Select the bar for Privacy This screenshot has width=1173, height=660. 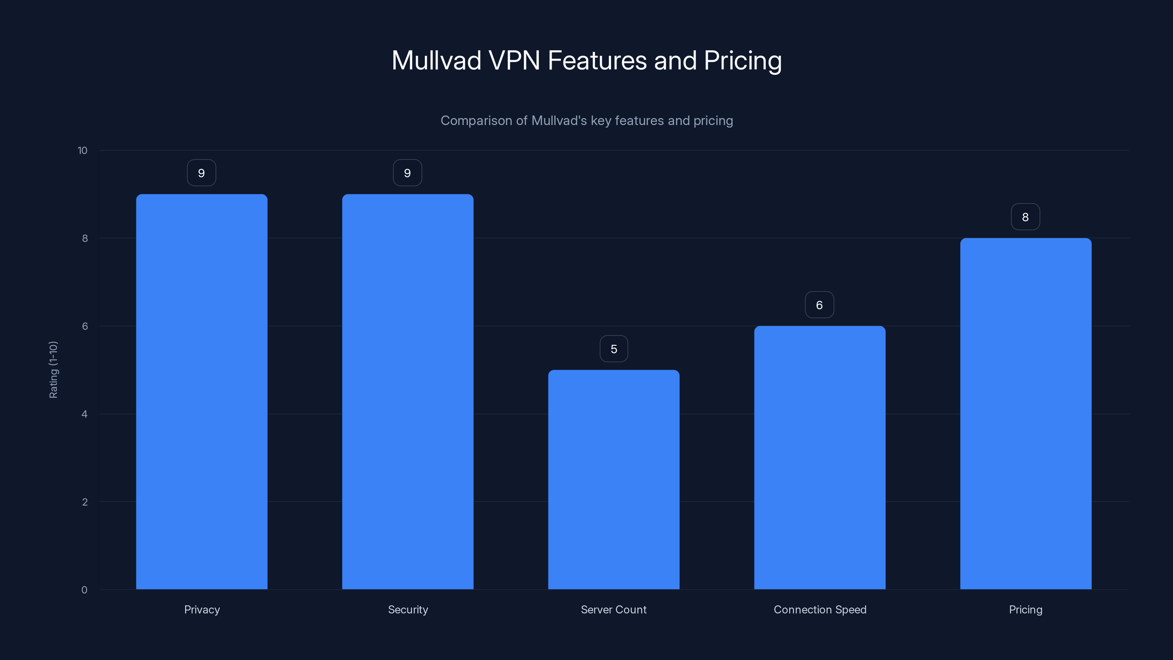(x=202, y=392)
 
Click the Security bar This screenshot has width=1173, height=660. (x=408, y=392)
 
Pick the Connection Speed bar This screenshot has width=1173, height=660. (x=820, y=457)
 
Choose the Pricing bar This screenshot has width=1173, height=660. (x=1026, y=414)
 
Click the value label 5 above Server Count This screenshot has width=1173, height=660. (x=614, y=349)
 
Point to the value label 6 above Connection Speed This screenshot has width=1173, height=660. (x=819, y=305)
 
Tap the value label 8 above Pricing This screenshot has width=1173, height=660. (x=1025, y=217)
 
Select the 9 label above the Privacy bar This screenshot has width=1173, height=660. (x=201, y=173)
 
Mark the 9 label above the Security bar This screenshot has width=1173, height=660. (x=407, y=173)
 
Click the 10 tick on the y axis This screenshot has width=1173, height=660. (x=82, y=150)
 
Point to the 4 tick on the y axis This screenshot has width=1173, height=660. (x=84, y=414)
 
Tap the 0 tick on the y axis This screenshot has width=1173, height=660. (x=84, y=590)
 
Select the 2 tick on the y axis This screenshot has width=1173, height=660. (x=84, y=502)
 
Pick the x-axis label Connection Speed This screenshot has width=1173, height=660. (x=820, y=609)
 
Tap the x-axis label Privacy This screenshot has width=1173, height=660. (x=202, y=609)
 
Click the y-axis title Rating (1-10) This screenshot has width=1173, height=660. (x=53, y=369)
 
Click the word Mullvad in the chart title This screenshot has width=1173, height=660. (x=436, y=60)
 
